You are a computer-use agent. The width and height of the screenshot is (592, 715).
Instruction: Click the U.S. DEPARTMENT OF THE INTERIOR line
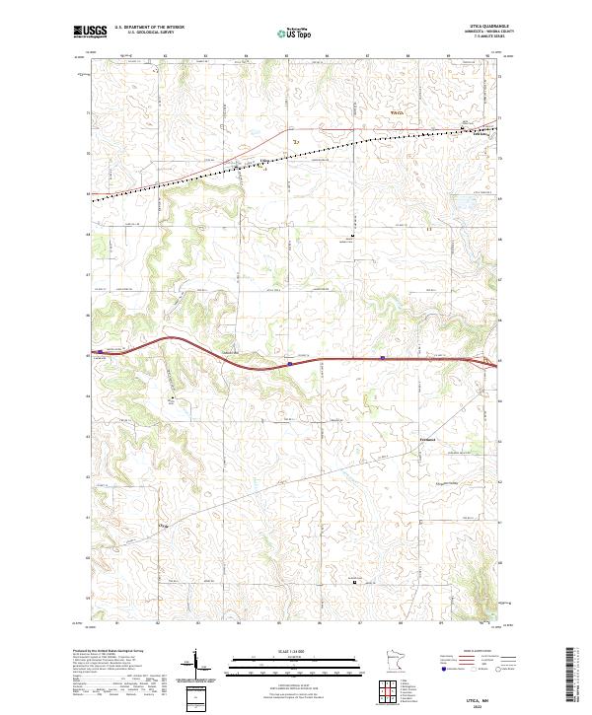click(150, 27)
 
